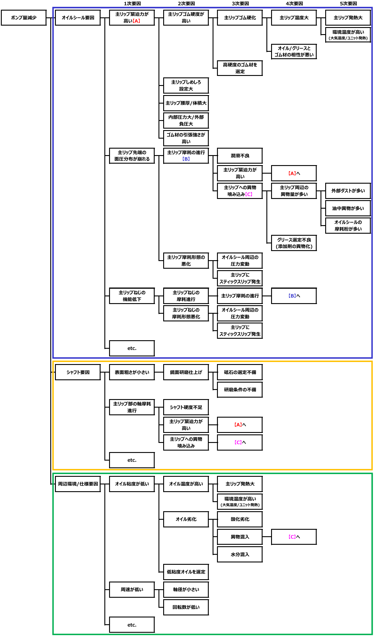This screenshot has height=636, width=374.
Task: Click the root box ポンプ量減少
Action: click(x=24, y=18)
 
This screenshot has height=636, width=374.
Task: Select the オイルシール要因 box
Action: click(x=78, y=18)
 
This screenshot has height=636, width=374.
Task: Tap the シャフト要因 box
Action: click(x=78, y=372)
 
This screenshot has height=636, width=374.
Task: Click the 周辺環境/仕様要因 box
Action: click(x=78, y=484)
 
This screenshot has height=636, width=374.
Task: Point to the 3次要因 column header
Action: click(x=240, y=4)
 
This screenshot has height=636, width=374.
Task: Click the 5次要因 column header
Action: click(x=348, y=4)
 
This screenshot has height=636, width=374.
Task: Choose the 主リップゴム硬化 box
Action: click(x=240, y=18)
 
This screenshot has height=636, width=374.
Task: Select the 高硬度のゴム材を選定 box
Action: click(x=240, y=68)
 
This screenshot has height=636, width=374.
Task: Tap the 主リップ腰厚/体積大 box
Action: click(x=186, y=103)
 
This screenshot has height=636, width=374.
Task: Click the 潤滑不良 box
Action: click(x=240, y=156)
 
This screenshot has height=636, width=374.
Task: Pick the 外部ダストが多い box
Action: click(x=348, y=191)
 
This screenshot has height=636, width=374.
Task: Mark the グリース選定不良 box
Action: click(x=294, y=243)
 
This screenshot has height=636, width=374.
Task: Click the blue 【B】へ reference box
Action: click(x=294, y=296)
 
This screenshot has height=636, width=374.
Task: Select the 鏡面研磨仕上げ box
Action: click(x=186, y=372)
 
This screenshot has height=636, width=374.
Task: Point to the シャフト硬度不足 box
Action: click(x=186, y=407)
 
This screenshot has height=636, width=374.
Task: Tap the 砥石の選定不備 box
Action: click(x=240, y=372)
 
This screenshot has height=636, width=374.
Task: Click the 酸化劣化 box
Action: click(x=240, y=519)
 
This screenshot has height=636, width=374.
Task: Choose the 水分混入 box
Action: click(x=240, y=554)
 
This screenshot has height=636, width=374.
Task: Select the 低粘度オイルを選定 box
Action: click(x=186, y=572)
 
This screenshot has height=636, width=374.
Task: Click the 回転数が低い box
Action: click(x=186, y=607)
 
